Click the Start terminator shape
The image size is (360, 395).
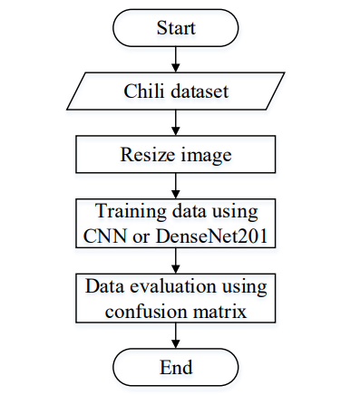click(177, 28)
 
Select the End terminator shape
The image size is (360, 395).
click(177, 367)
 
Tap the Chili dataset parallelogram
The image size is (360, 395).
click(177, 91)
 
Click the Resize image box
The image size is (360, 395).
click(177, 154)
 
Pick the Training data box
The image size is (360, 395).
click(177, 224)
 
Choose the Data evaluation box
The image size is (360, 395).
click(177, 298)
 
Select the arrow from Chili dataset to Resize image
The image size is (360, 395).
click(177, 122)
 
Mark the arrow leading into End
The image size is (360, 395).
click(177, 335)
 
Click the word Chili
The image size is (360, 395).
click(142, 91)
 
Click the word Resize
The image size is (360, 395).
click(144, 154)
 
